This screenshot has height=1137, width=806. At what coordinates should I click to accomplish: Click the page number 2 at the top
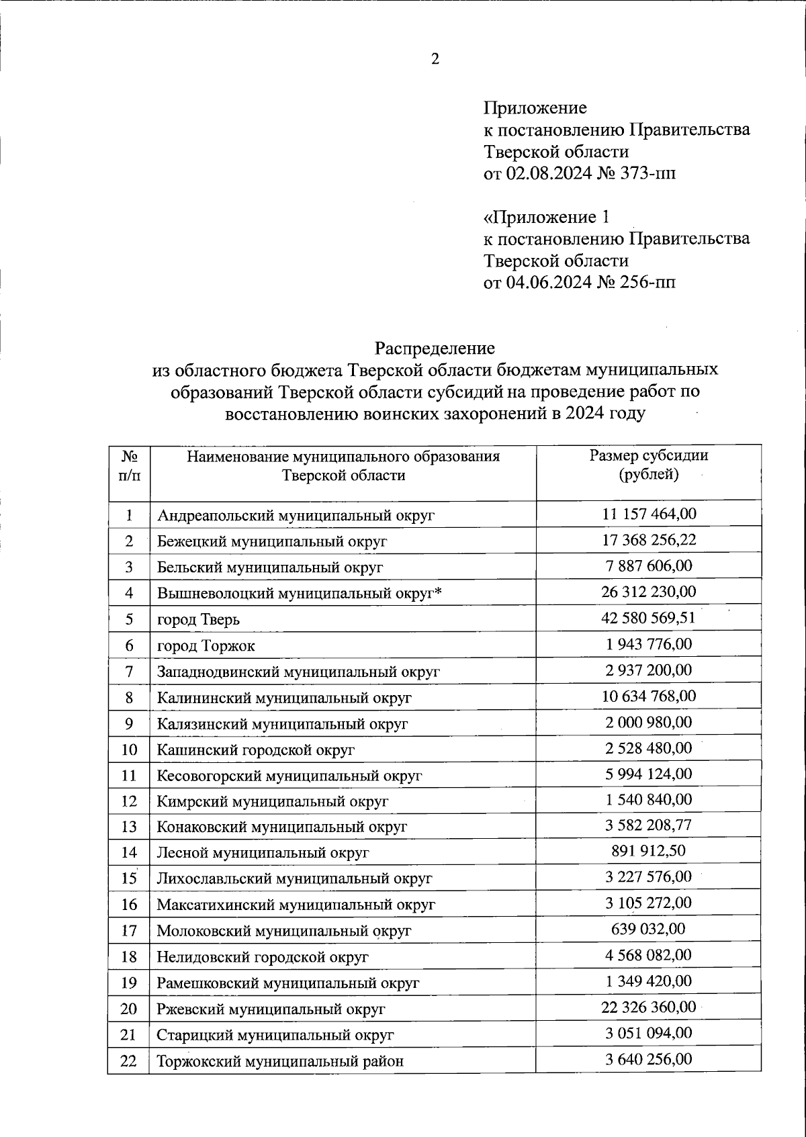point(435,60)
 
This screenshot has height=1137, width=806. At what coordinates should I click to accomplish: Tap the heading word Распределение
point(435,348)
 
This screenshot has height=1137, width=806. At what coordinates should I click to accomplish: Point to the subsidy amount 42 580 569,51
point(648,617)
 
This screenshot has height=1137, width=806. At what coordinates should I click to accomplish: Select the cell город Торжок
point(206,645)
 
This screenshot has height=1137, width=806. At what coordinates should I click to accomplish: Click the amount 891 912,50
point(648,851)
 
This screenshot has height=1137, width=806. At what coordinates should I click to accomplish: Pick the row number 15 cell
point(129,878)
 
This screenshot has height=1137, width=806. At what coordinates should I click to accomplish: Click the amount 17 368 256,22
point(648,539)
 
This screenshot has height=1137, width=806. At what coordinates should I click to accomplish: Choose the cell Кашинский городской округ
point(256,749)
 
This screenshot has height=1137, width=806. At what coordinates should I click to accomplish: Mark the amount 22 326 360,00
point(648,1007)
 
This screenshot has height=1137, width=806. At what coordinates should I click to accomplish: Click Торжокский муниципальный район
point(280,1062)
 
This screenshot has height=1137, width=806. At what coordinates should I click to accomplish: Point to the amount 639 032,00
point(648,929)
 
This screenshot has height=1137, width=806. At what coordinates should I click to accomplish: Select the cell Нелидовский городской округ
point(263,956)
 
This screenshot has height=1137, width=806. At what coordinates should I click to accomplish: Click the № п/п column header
point(129,465)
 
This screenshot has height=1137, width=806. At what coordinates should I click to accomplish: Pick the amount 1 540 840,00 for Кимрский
point(648,799)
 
